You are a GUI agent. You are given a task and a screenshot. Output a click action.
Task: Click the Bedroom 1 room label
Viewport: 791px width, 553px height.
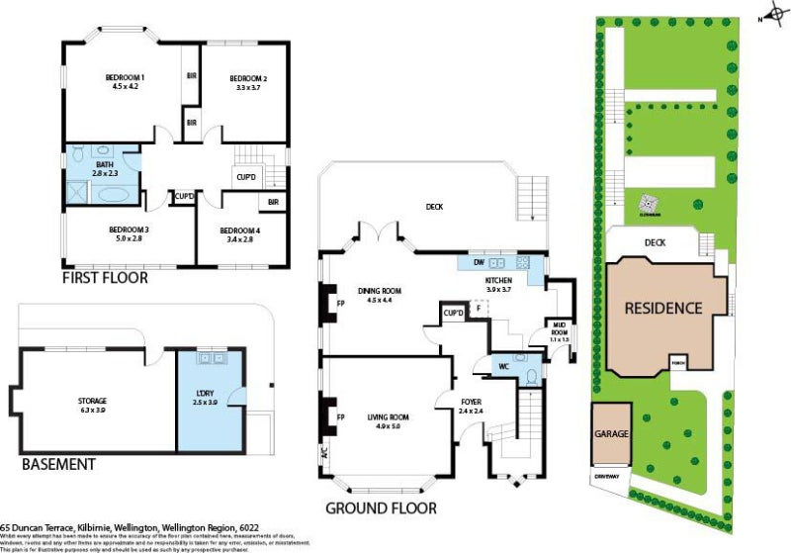(x=127, y=77)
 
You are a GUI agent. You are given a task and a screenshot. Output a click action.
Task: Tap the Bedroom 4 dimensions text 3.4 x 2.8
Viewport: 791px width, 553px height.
(x=242, y=238)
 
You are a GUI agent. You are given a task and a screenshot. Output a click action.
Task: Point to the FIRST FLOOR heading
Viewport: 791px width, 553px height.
(x=105, y=279)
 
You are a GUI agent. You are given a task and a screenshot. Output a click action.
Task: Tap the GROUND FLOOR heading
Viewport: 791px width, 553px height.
(x=381, y=508)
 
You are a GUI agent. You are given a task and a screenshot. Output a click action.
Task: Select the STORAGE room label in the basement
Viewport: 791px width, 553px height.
(x=92, y=401)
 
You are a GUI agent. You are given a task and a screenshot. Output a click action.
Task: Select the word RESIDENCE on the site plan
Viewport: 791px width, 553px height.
(x=662, y=308)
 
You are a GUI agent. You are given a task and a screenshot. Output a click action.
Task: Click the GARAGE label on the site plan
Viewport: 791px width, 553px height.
(x=611, y=433)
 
